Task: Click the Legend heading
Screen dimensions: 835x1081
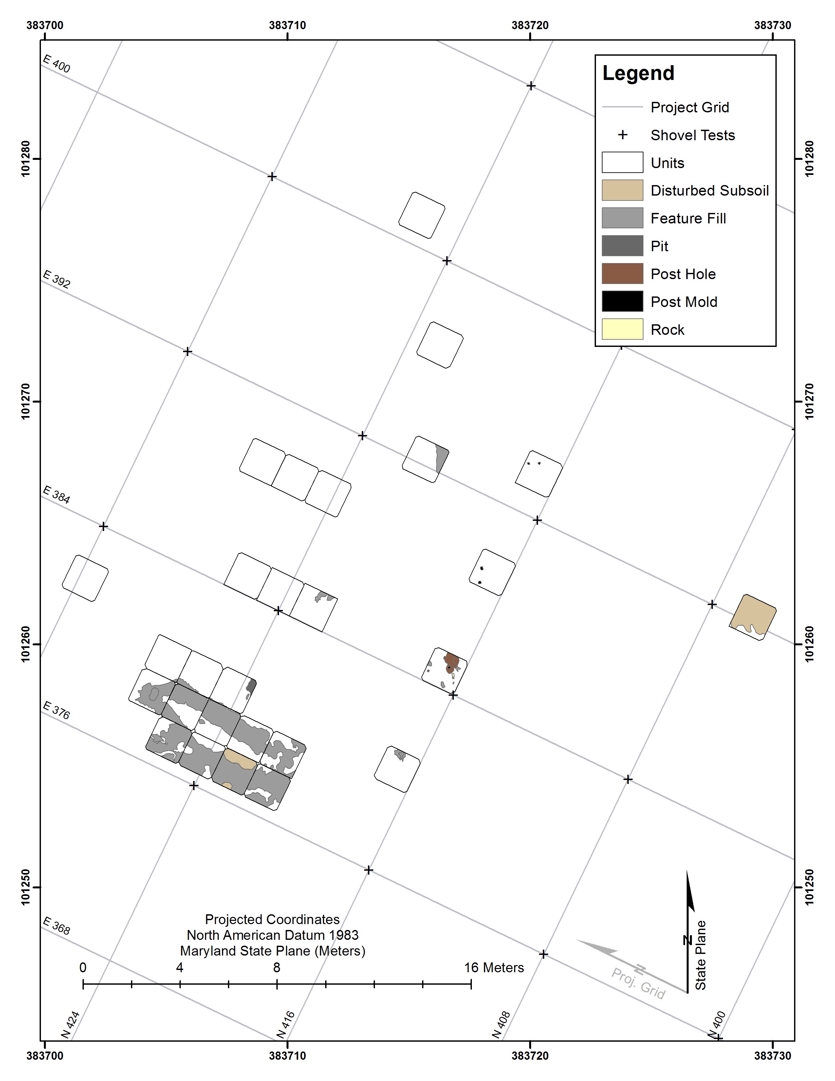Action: tap(638, 73)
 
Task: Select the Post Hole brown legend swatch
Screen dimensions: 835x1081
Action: tap(622, 274)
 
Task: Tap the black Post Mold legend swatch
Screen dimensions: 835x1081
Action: tap(622, 301)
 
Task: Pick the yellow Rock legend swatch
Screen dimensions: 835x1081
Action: tap(622, 329)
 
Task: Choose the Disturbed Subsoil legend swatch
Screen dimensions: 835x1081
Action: tap(622, 190)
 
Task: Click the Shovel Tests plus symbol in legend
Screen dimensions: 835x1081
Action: tap(623, 135)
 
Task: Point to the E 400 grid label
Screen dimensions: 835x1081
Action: tap(56, 63)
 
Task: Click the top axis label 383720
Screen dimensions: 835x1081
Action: tap(530, 25)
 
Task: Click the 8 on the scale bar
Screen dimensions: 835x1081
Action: tap(276, 968)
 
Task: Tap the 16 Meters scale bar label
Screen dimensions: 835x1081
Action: tap(494, 968)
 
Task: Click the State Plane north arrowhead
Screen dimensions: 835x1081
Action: tap(690, 891)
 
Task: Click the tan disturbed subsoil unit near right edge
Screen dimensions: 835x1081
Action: tap(752, 616)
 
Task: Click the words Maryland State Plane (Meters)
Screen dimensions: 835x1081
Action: tap(272, 951)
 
